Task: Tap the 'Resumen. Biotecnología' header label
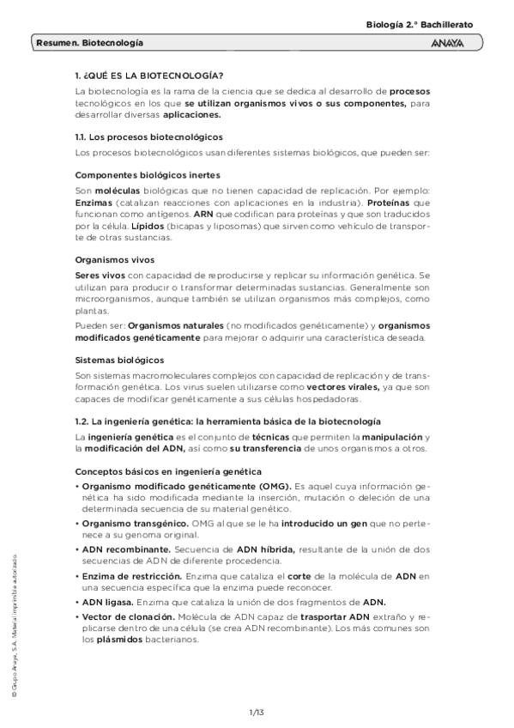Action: click(x=90, y=42)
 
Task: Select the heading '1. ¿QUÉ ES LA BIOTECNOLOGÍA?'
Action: click(x=149, y=75)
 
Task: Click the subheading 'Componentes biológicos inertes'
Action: click(x=142, y=174)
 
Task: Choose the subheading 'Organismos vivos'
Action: click(x=110, y=257)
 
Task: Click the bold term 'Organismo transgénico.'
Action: click(x=136, y=522)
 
